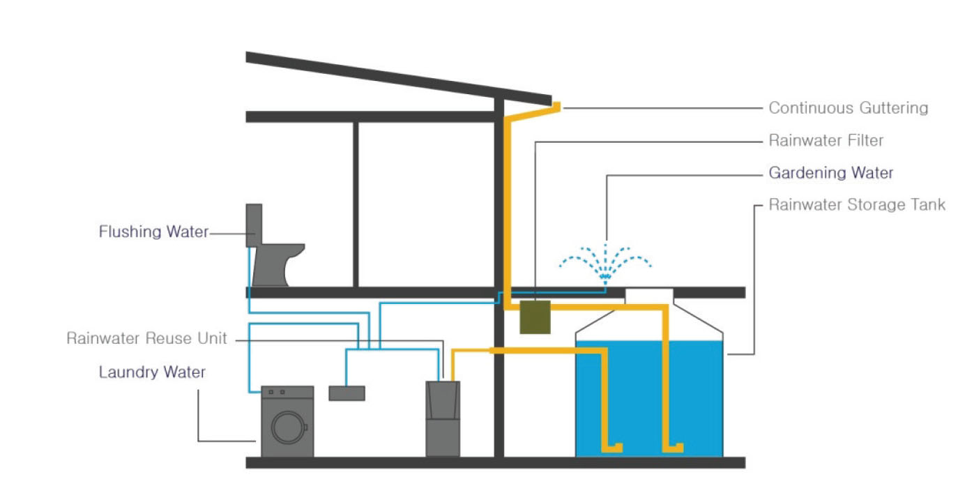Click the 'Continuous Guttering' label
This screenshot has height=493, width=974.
pyautogui.click(x=848, y=108)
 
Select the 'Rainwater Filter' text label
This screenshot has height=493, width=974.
pyautogui.click(x=826, y=140)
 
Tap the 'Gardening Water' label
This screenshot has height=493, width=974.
pyautogui.click(x=830, y=172)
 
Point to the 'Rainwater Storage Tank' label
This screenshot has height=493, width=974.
pyautogui.click(x=857, y=205)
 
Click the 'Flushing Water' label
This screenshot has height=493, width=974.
pyautogui.click(x=153, y=232)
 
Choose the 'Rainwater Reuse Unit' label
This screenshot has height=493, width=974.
pyautogui.click(x=146, y=338)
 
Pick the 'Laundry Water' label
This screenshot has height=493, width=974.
pyautogui.click(x=152, y=372)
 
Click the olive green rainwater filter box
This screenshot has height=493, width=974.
pyautogui.click(x=535, y=317)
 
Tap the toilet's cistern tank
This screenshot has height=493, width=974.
pyautogui.click(x=254, y=225)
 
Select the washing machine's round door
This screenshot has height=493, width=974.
pyautogui.click(x=289, y=427)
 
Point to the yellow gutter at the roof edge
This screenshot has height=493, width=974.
pyautogui.click(x=556, y=107)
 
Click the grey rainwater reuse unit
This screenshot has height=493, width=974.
pyautogui.click(x=443, y=418)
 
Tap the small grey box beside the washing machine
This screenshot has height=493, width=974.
pyautogui.click(x=347, y=393)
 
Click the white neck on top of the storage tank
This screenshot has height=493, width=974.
pyautogui.click(x=648, y=296)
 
